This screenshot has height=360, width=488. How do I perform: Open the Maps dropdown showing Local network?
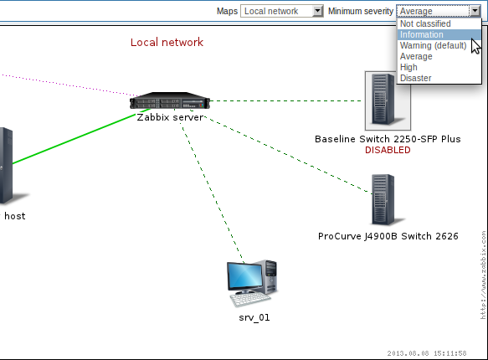coord(281,11)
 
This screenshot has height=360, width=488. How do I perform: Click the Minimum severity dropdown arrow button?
coord(475,11)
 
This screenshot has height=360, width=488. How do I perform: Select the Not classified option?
coord(425,23)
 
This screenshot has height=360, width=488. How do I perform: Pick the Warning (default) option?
coord(433,45)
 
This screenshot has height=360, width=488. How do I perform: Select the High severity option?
coord(408,67)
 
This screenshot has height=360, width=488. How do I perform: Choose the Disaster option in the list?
coord(415,78)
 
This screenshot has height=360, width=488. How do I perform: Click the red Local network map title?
coord(167,43)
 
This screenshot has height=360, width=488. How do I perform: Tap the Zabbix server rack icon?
coord(170,100)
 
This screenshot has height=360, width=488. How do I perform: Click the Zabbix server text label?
coord(170,117)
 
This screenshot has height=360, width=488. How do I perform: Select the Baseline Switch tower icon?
coord(388,100)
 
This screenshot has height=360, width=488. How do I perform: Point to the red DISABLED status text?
coord(388,150)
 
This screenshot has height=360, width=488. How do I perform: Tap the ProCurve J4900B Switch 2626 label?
coord(388,236)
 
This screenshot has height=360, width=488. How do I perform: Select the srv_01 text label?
coord(254,317)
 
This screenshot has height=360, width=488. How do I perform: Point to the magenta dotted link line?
coord(69,85)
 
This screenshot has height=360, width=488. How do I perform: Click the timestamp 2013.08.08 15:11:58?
coord(427,353)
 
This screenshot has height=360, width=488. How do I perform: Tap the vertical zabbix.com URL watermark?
coord(483,275)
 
